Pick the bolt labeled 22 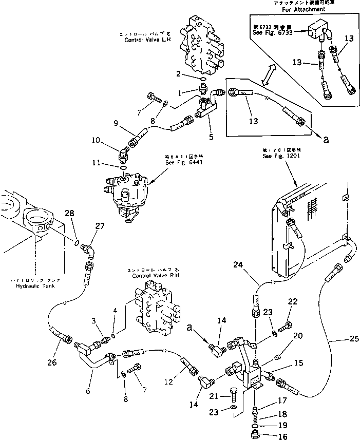(x=287, y=325)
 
